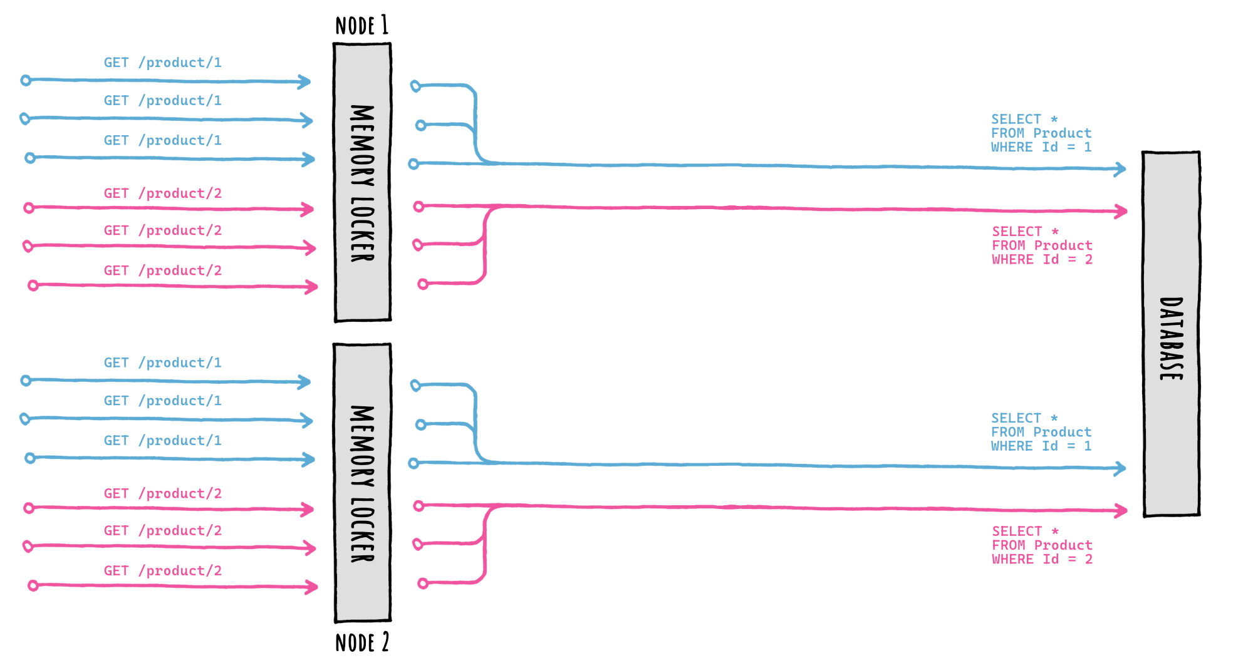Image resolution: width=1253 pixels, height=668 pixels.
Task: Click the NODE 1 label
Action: [x=361, y=26]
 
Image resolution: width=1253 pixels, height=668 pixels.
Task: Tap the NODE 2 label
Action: [x=361, y=643]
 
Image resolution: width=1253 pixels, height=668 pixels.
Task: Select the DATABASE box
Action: [x=1171, y=334]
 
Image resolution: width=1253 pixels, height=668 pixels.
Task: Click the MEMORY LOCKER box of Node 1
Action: [x=362, y=182]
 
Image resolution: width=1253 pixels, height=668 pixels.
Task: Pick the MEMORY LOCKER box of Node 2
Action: [x=362, y=483]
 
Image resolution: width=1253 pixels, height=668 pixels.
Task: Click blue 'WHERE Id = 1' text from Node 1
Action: [x=1041, y=147]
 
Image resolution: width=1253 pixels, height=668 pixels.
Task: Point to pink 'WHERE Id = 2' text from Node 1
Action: [x=1042, y=260]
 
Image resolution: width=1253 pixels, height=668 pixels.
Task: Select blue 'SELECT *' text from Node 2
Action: [x=1024, y=418]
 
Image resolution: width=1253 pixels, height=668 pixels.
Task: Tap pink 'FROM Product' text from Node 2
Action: [x=1042, y=545]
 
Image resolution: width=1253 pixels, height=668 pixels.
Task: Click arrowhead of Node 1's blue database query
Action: [x=1120, y=169]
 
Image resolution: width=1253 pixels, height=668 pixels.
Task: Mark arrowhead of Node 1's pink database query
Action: [x=1121, y=212]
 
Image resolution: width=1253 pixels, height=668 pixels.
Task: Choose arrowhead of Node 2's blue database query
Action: [x=1120, y=468]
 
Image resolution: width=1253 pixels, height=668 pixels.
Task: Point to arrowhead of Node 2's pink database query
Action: [x=1121, y=511]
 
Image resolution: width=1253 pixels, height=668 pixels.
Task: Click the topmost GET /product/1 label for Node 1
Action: [x=162, y=63]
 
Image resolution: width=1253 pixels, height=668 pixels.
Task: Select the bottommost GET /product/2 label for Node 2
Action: [x=162, y=571]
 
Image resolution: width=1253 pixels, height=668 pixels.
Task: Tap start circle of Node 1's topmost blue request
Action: [x=26, y=80]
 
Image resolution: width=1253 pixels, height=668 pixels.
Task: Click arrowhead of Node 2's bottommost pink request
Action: [x=311, y=587]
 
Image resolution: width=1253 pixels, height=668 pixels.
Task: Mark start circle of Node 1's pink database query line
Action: [x=419, y=206]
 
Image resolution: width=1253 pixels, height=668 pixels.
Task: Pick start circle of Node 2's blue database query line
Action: [x=413, y=463]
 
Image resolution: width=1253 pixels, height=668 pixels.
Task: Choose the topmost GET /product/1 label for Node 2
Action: [x=162, y=363]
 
